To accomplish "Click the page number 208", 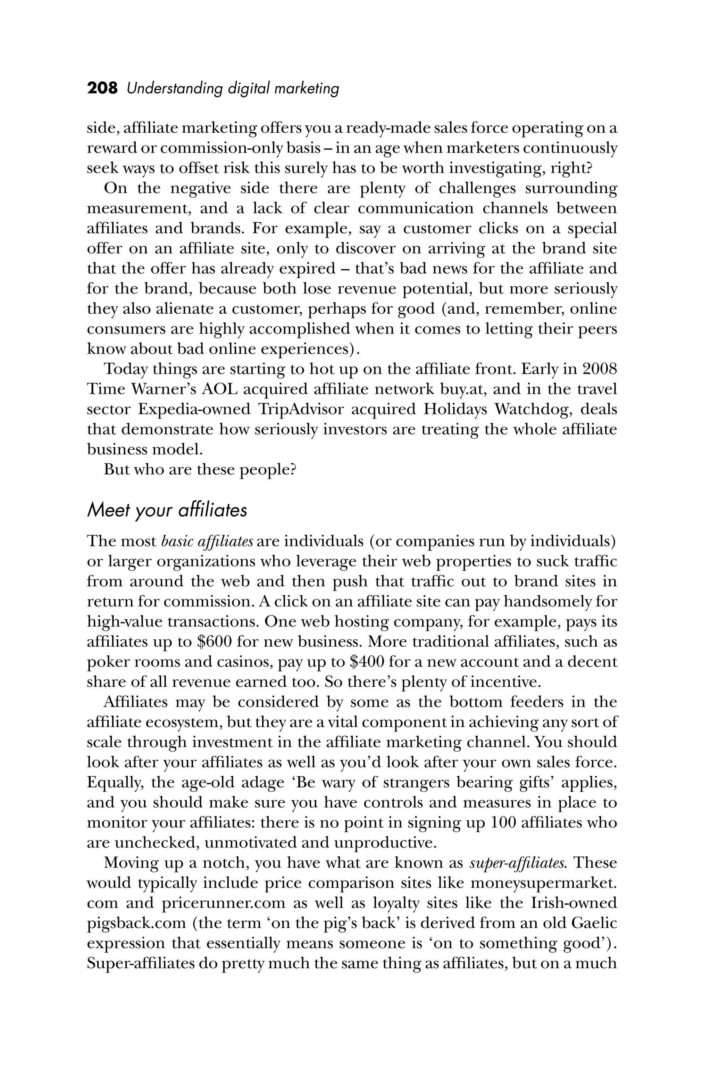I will point(102,88).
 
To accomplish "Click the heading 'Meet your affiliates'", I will point(167,510).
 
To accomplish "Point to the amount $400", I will point(368,662).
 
